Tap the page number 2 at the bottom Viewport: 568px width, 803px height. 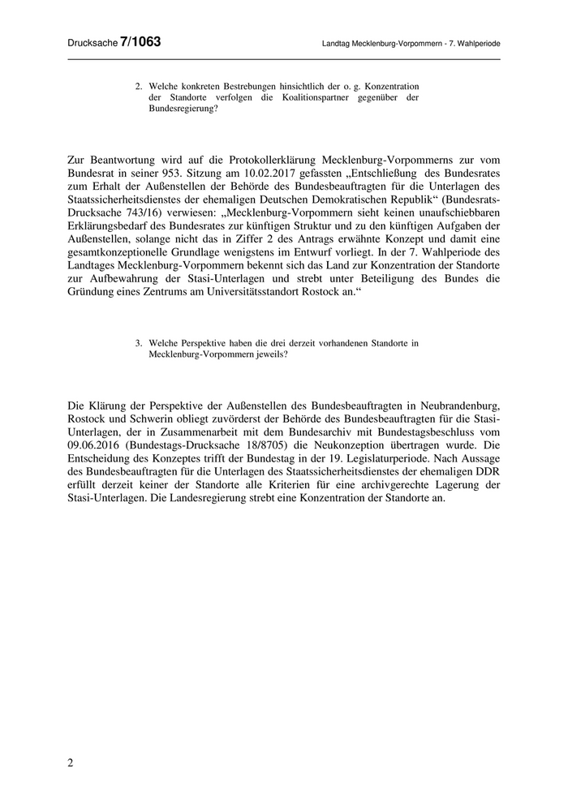pyautogui.click(x=71, y=763)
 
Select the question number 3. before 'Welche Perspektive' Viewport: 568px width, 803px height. pyautogui.click(x=140, y=342)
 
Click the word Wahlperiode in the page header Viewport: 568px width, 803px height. pyautogui.click(x=473, y=42)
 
